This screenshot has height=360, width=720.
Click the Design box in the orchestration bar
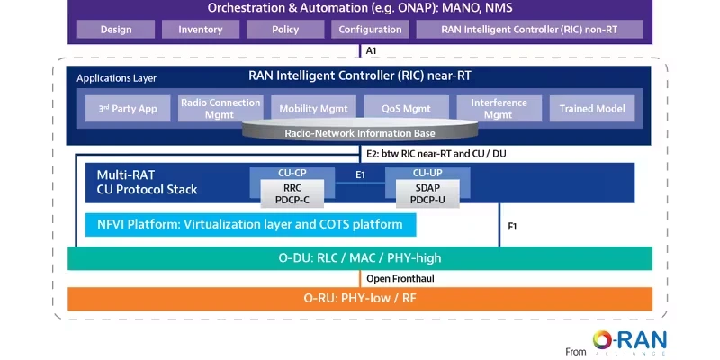(116, 30)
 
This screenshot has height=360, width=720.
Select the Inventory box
(200, 30)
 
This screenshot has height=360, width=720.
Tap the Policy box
(285, 30)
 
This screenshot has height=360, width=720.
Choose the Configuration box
(370, 30)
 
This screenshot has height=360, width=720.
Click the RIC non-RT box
(529, 30)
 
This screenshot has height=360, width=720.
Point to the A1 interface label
(371, 51)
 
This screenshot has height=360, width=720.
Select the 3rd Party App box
(128, 109)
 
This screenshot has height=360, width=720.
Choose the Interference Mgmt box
(499, 108)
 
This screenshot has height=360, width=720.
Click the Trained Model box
(592, 109)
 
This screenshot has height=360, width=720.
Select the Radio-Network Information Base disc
(360, 130)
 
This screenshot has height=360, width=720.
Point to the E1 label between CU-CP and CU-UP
(360, 175)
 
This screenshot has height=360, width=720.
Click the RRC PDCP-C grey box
(292, 193)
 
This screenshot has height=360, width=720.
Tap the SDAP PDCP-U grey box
(427, 193)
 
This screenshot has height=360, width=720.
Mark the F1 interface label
(512, 227)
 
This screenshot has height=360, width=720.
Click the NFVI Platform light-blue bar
(251, 225)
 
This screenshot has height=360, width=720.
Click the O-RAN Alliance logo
(629, 342)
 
